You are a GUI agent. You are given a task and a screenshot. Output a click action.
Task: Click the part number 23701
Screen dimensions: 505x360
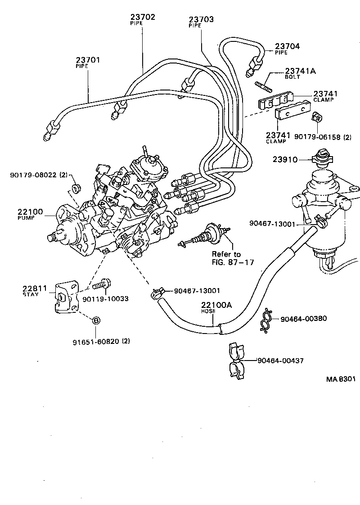[88, 60]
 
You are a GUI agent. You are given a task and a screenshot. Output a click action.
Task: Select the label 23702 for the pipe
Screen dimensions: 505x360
[143, 18]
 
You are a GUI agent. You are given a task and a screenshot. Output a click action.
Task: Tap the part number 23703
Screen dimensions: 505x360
[201, 20]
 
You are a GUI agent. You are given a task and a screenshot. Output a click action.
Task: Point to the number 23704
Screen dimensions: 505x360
[287, 46]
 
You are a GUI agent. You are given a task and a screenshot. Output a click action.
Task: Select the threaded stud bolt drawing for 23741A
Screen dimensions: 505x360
[264, 85]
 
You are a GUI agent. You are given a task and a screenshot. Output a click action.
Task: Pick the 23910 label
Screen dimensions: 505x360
[284, 159]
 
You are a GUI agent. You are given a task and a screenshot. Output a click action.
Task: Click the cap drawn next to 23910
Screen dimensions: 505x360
[321, 158]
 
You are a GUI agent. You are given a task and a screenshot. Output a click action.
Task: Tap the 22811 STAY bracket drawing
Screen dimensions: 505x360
[63, 297]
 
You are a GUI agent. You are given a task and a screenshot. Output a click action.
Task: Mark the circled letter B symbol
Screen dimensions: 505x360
[95, 320]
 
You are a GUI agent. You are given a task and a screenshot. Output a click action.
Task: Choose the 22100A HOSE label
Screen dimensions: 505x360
[216, 307]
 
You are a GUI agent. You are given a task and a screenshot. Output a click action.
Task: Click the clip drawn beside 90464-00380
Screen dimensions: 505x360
[267, 320]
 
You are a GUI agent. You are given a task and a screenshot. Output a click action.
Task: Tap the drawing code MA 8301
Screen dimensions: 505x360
[341, 379]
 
